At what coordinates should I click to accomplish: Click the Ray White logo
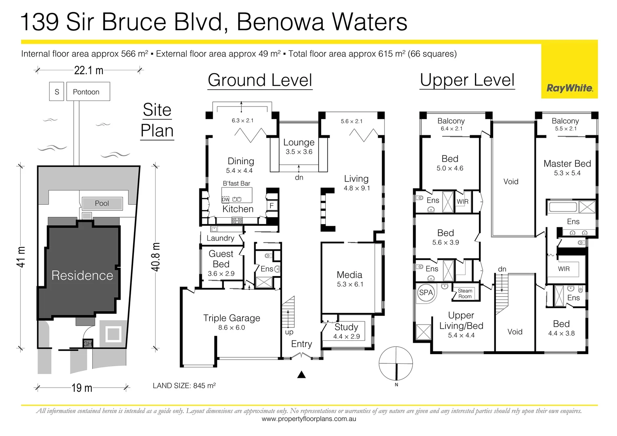pos(569,88)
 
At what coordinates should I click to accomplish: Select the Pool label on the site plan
pos(102,203)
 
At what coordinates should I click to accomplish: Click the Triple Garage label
pos(232,318)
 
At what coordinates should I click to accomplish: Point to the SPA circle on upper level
pos(426,293)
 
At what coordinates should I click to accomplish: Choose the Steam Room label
pos(465,293)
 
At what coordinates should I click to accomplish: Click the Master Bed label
pos(567,163)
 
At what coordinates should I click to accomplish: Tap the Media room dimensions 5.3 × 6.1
pos(350,284)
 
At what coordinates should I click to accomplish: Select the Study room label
pos(346,327)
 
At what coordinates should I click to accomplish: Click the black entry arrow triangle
pos(301,375)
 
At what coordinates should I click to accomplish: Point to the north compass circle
pos(395,363)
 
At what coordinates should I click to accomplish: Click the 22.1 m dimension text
pos(89,71)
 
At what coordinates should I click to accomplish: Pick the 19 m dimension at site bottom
pos(82,388)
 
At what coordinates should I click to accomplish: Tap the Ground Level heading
pos(260,80)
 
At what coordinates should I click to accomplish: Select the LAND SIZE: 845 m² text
pos(184,386)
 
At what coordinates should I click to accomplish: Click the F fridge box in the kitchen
pos(272,205)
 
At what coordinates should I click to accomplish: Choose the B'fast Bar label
pos(236,183)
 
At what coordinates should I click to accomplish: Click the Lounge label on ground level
pos(299,143)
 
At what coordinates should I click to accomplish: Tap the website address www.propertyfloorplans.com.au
pos(309,419)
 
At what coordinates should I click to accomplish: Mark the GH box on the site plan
pos(88,344)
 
